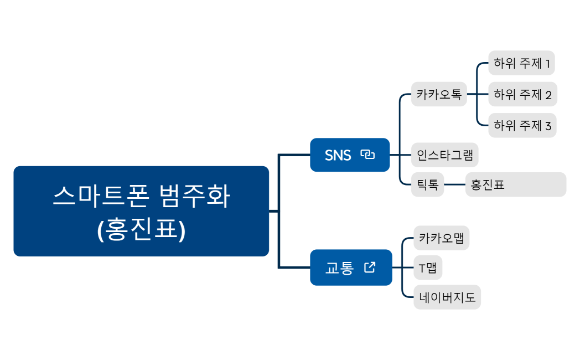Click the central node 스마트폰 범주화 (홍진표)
point(141,211)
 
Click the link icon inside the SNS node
point(367,155)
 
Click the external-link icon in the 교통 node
point(370,267)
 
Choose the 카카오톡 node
point(439,94)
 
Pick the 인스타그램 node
point(444,155)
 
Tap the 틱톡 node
point(427,185)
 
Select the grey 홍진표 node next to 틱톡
point(515,185)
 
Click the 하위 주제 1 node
point(521,63)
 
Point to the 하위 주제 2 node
point(522,94)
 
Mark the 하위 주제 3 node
point(522,126)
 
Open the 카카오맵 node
point(441,239)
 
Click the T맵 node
point(428,269)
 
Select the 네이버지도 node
point(447,298)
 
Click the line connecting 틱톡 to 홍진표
point(454,185)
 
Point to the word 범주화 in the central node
point(194,196)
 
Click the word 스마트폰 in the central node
point(101,196)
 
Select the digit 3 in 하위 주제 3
point(548,126)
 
